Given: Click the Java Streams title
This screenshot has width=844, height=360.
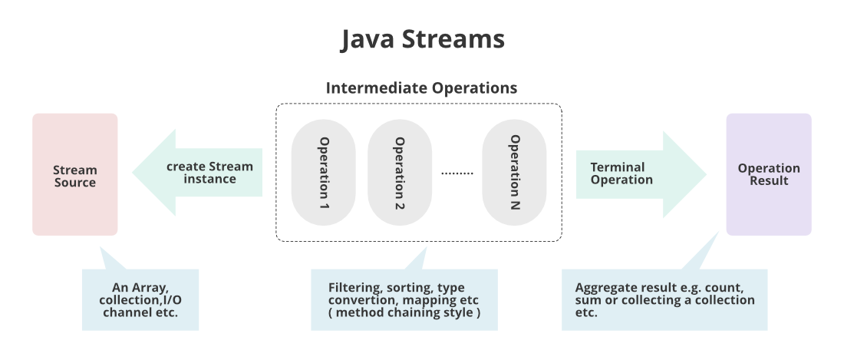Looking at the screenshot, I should coord(423,39).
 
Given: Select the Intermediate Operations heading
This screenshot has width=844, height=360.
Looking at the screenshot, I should coord(421,88).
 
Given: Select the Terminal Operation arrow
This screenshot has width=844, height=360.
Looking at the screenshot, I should coord(637,173).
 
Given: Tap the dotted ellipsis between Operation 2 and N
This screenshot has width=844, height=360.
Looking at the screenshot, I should coord(457,173).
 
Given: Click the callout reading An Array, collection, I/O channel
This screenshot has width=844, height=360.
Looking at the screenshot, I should coord(140,299).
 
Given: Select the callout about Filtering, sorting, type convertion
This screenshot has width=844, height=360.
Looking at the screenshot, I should coord(404,299).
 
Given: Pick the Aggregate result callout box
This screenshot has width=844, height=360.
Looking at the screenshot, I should coord(664,300).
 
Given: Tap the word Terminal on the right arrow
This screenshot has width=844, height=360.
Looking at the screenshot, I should coord(617,167).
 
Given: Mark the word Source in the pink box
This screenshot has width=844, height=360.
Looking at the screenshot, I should coord(75,183).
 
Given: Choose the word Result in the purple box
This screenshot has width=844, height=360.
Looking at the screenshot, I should coord(769,181).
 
